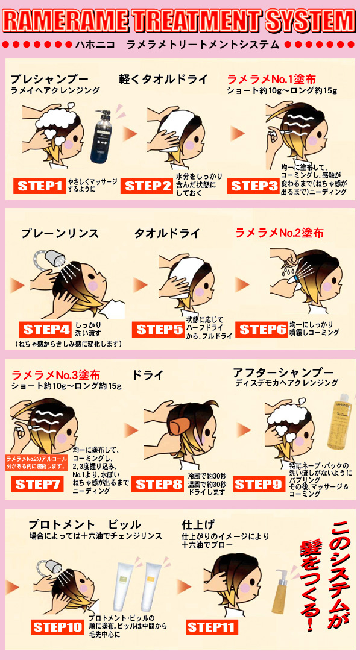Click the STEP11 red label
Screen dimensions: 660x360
pyautogui.click(x=211, y=627)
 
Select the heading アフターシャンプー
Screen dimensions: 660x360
pyautogui.click(x=283, y=372)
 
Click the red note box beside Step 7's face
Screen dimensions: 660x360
pyautogui.click(x=36, y=462)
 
